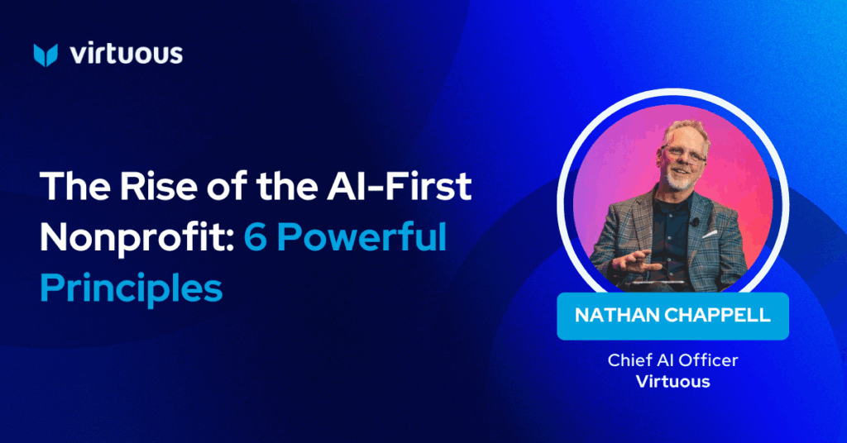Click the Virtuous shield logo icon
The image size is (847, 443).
point(45,55)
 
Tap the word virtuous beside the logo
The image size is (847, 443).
point(127,54)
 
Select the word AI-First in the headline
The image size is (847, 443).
point(400,186)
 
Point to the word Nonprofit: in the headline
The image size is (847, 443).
point(137,237)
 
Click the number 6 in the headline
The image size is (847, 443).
point(256,237)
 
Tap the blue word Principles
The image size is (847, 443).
point(132,288)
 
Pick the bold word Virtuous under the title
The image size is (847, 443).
point(673,382)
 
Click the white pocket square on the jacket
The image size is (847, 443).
point(709,235)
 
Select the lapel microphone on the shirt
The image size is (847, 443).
point(695,221)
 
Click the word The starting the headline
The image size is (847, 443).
point(76,186)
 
